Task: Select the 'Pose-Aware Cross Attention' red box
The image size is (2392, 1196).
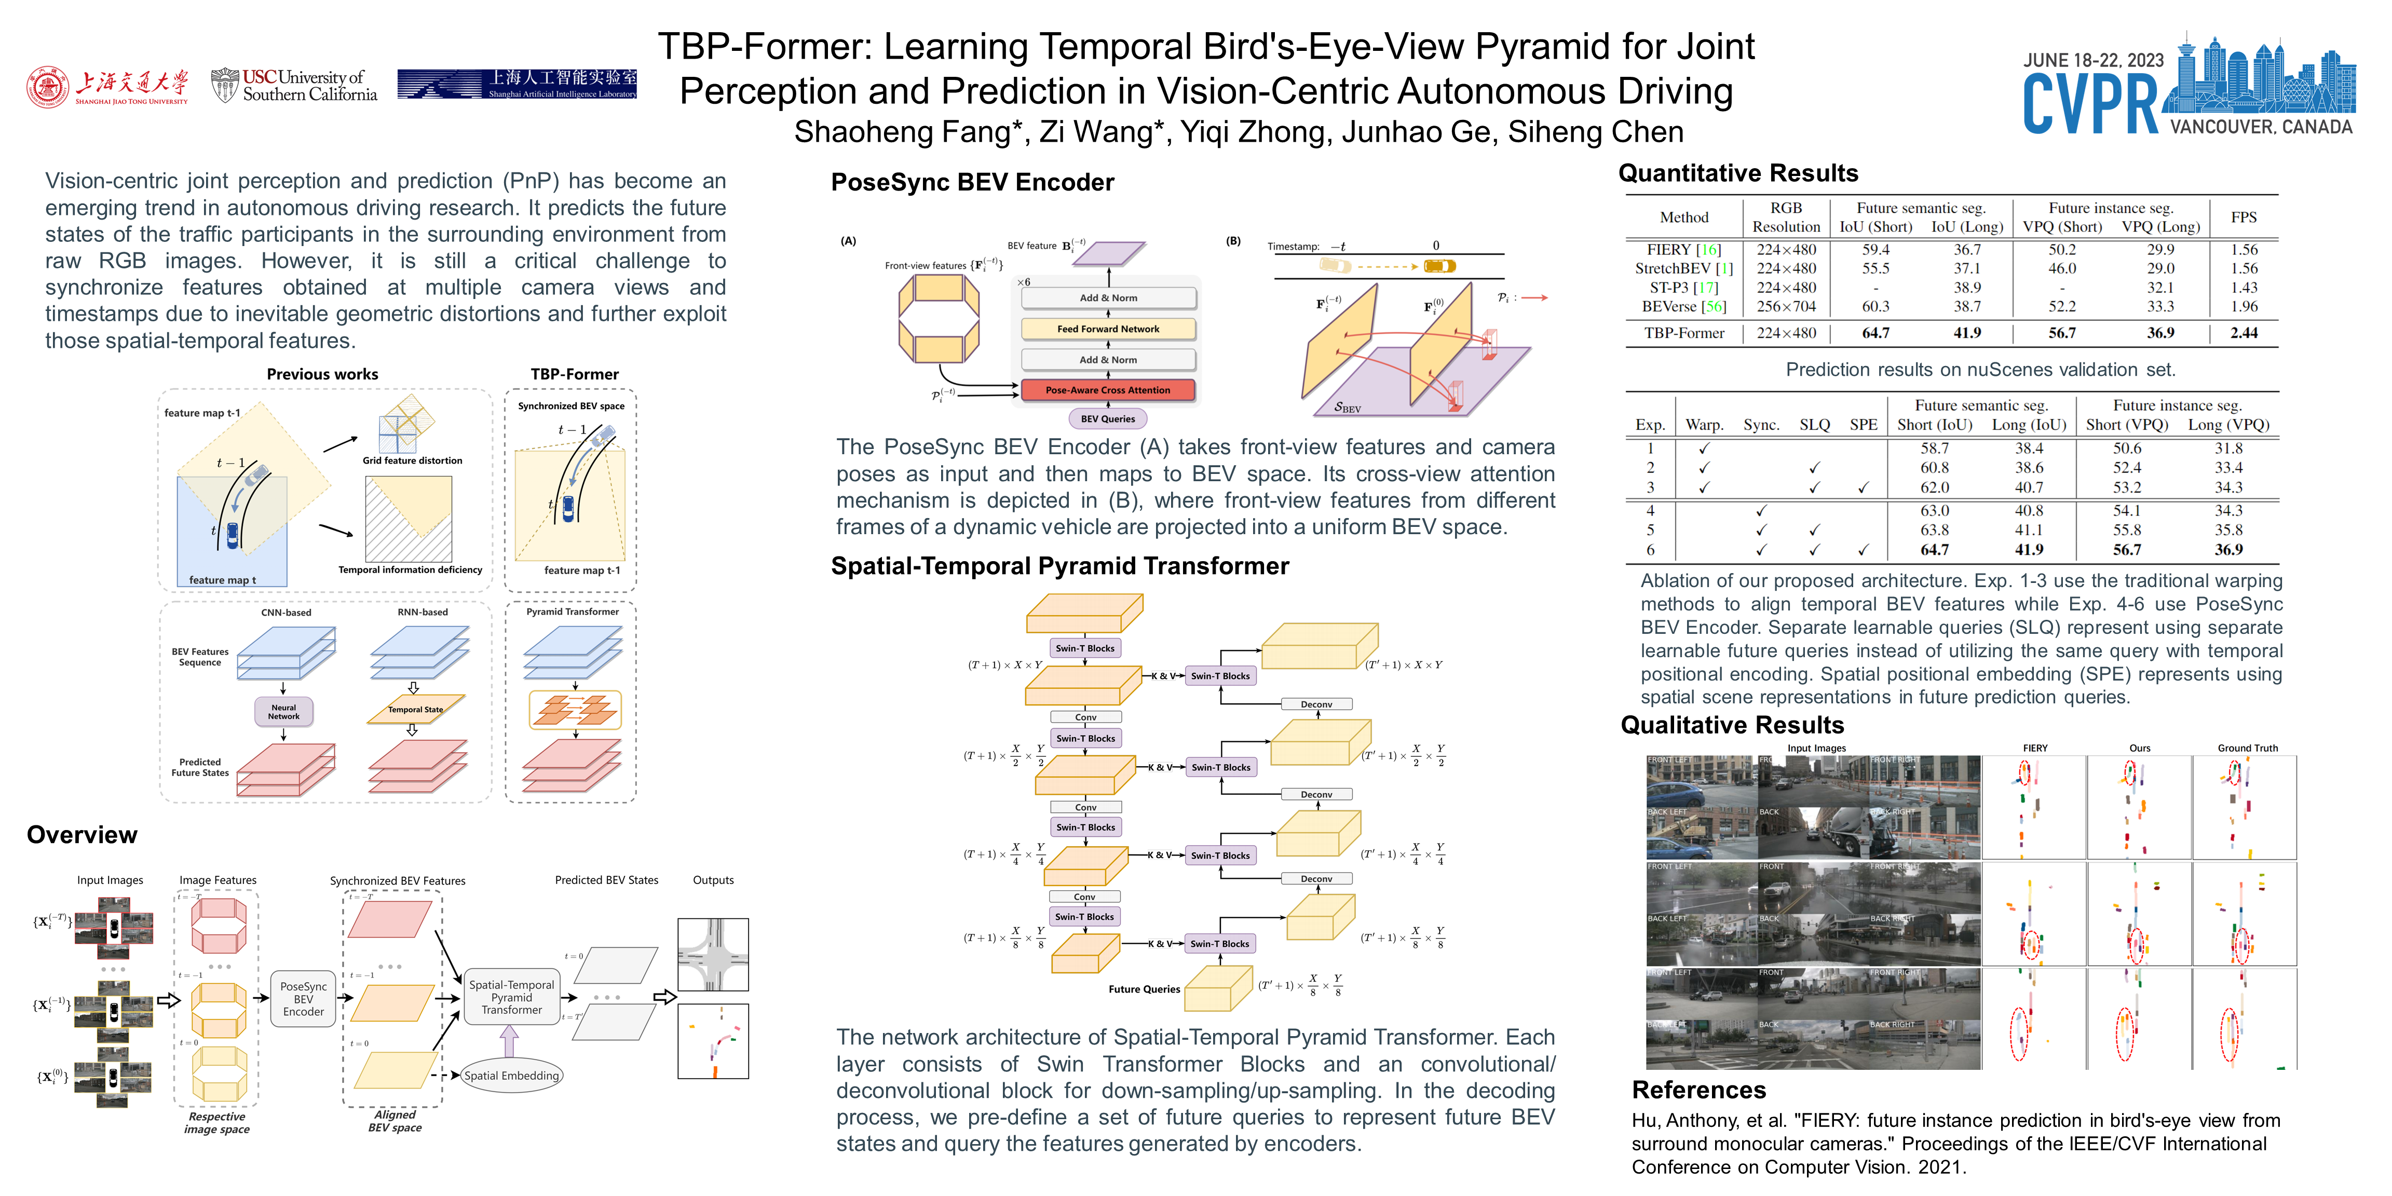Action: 1108,390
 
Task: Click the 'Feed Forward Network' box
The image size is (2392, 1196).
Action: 1108,329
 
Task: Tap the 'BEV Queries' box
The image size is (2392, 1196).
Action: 1108,419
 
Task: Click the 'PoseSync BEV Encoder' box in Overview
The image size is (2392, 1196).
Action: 304,999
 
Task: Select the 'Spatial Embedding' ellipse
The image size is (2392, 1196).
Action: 512,1075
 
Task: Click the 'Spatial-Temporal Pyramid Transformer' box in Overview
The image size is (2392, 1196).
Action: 512,997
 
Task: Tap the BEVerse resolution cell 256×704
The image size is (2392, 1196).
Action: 1787,306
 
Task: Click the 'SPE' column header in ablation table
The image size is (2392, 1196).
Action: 1863,424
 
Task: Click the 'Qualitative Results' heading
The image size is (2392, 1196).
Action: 1732,725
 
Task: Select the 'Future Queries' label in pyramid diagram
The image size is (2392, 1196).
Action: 1144,989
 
